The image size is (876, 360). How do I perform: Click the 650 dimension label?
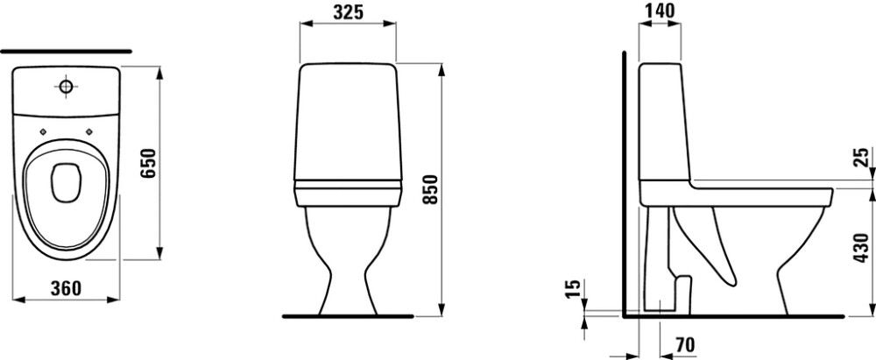coord(148,162)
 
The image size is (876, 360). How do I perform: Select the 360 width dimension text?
coord(67,288)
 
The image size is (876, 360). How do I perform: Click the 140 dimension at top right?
coord(661,11)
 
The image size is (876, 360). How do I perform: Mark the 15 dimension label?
coord(572,290)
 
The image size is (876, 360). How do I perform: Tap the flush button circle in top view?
coord(67,87)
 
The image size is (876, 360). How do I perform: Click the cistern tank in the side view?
coord(663,123)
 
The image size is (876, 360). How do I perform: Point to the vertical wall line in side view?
coord(623,184)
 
